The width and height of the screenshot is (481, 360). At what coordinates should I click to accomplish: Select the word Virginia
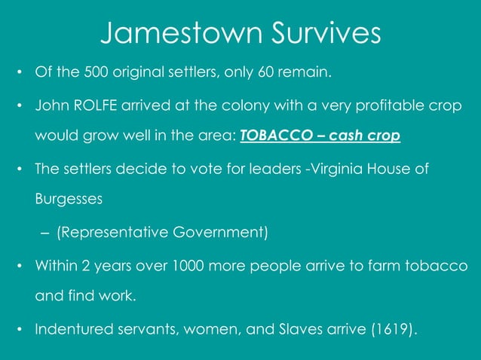[x=332, y=170]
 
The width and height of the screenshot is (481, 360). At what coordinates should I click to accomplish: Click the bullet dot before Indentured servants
[x=20, y=329]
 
